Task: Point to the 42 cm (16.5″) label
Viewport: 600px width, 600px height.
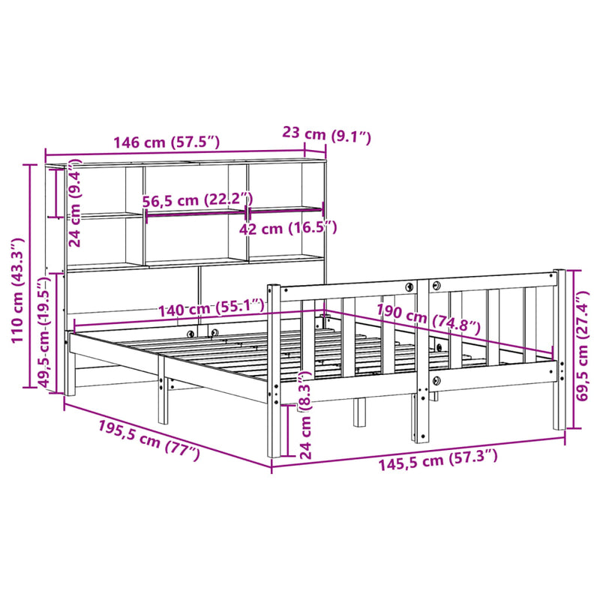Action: (x=289, y=228)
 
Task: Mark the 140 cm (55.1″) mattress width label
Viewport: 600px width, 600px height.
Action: (x=211, y=307)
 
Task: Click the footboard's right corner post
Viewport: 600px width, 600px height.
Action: (x=559, y=349)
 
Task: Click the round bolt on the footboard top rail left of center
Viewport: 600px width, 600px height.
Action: (x=409, y=287)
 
